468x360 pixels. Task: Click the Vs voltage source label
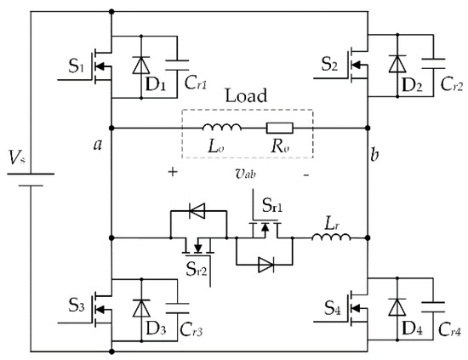tap(16, 157)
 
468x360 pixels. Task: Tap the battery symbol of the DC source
tap(31, 181)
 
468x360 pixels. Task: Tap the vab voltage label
tap(245, 171)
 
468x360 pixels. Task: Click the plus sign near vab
tap(174, 171)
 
